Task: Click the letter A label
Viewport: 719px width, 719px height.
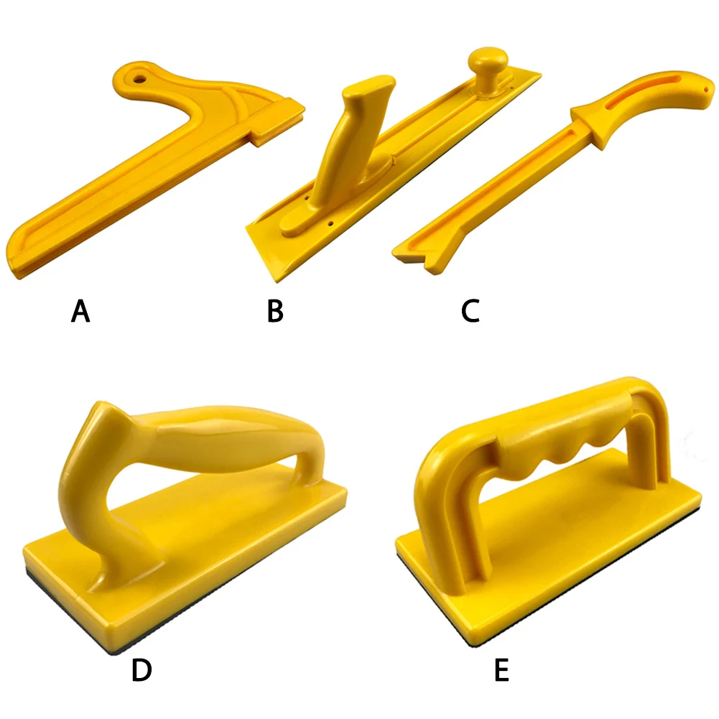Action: coord(81,312)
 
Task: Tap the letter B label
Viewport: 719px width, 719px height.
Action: coord(274,312)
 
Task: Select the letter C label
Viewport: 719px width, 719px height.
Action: coord(470,312)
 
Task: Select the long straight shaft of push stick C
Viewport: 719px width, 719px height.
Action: coord(496,190)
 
